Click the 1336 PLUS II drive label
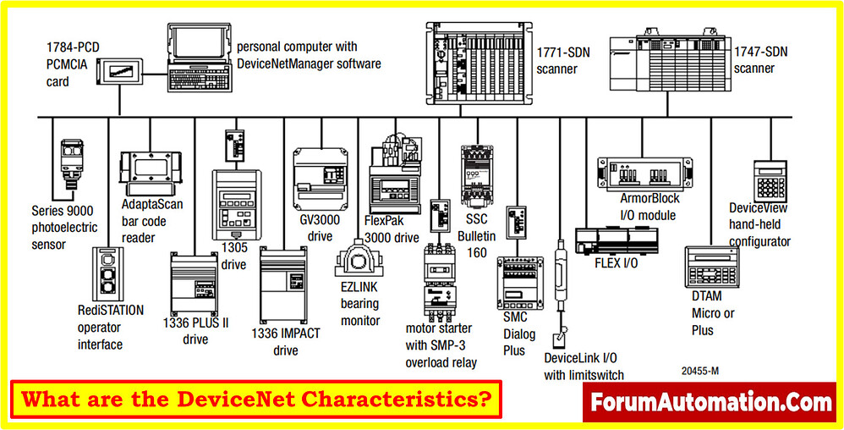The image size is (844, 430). pos(195,331)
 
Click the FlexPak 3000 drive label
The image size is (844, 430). pos(392,229)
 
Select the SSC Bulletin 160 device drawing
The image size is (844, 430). pos(476,176)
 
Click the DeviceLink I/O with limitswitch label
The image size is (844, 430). pos(584,366)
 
